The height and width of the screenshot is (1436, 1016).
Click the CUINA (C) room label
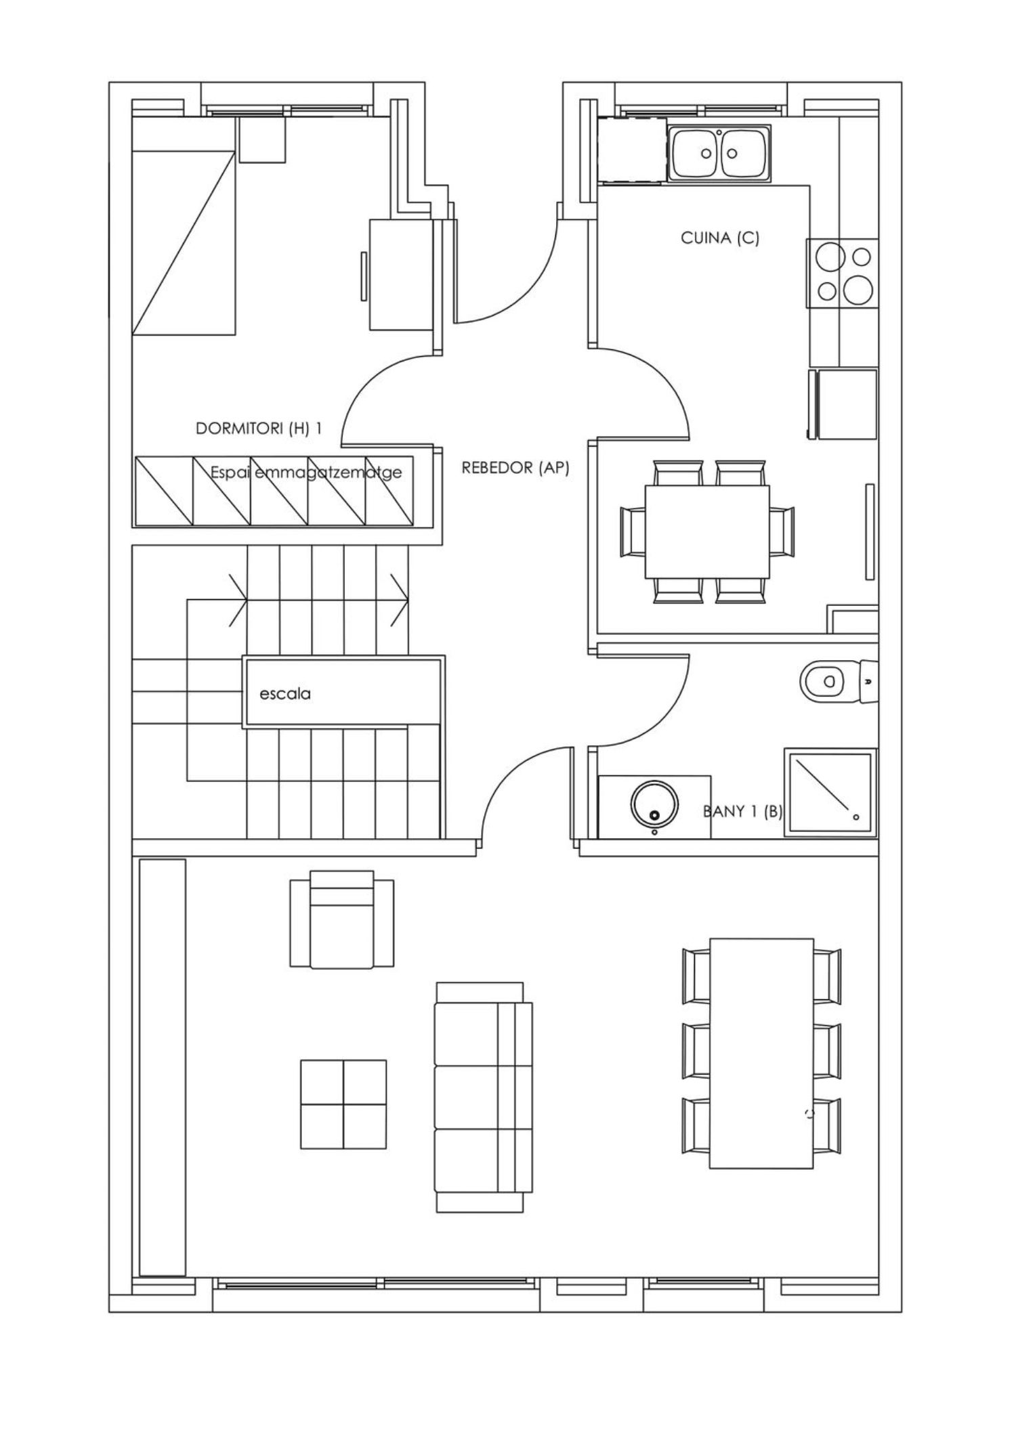pyautogui.click(x=720, y=238)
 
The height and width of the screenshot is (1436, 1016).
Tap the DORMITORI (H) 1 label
pyautogui.click(x=259, y=429)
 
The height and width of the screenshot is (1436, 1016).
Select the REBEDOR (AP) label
pyautogui.click(x=515, y=468)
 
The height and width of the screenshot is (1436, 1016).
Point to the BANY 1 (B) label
pyautogui.click(x=743, y=811)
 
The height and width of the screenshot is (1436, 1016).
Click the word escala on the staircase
pyautogui.click(x=285, y=694)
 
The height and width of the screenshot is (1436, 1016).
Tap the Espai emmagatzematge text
pyautogui.click(x=306, y=473)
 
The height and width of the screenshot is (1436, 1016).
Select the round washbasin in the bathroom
pyautogui.click(x=654, y=805)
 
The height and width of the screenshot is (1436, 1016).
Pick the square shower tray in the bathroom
pyautogui.click(x=831, y=792)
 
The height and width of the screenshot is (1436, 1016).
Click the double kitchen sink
pyautogui.click(x=719, y=154)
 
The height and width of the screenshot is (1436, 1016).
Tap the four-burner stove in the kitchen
pyautogui.click(x=843, y=274)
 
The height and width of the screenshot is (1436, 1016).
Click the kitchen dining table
pyautogui.click(x=707, y=531)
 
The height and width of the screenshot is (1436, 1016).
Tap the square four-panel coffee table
pyautogui.click(x=343, y=1104)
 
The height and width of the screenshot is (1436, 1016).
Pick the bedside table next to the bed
pyautogui.click(x=263, y=139)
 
